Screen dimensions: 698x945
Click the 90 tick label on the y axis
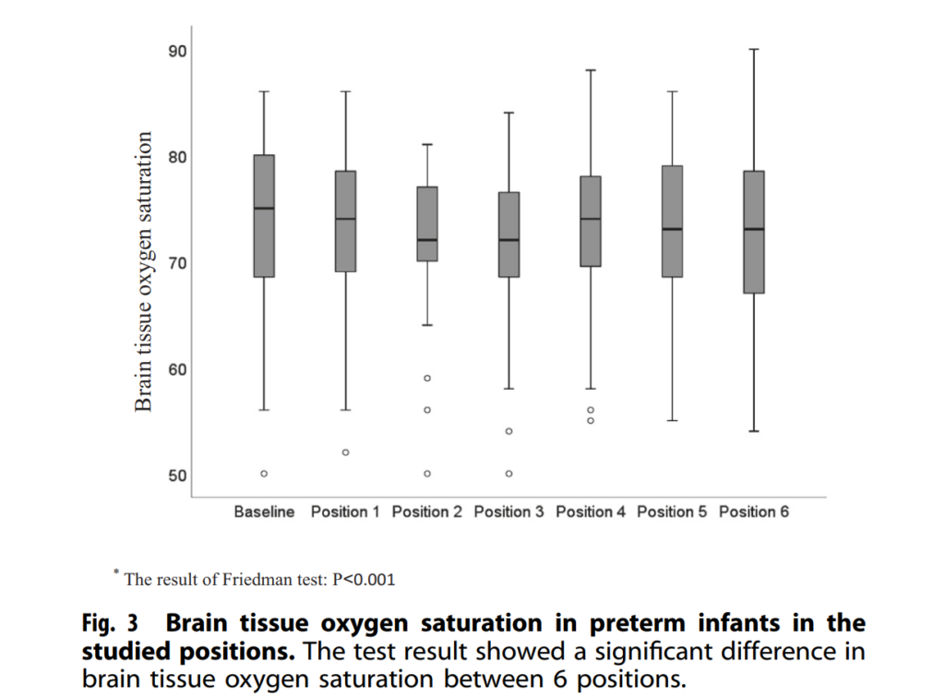[x=176, y=50]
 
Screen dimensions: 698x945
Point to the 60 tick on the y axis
[x=176, y=369]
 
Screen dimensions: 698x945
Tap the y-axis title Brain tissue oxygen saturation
[x=143, y=271]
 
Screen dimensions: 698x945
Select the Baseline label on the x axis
[x=264, y=511]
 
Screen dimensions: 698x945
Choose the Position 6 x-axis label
[x=754, y=511]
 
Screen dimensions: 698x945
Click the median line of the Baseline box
[x=264, y=208]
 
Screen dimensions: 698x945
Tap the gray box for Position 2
[x=427, y=223]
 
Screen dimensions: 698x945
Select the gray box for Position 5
[x=672, y=222]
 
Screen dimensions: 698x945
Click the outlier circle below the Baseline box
[x=264, y=474]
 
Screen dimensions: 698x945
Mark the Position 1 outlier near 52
[x=345, y=452]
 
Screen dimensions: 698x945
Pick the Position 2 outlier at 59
[x=427, y=379]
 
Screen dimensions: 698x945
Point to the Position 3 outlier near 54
[x=508, y=431]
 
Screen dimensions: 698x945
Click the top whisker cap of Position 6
[x=754, y=49]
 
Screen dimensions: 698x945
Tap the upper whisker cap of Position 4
[x=591, y=70]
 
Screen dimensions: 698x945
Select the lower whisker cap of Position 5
[x=672, y=421]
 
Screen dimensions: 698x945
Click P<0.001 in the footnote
[x=365, y=580]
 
